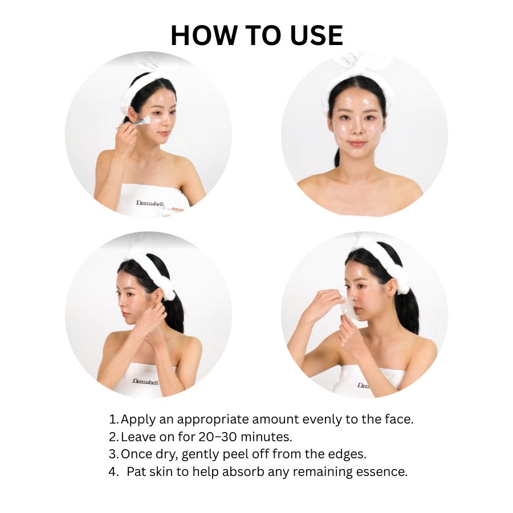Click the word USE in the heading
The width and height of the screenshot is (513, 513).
tap(316, 35)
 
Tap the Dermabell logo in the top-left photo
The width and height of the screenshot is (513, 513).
tap(150, 203)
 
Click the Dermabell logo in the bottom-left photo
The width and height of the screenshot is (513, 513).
tap(145, 381)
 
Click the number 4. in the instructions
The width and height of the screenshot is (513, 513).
tap(113, 471)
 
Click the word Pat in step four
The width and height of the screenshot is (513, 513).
tap(136, 471)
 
